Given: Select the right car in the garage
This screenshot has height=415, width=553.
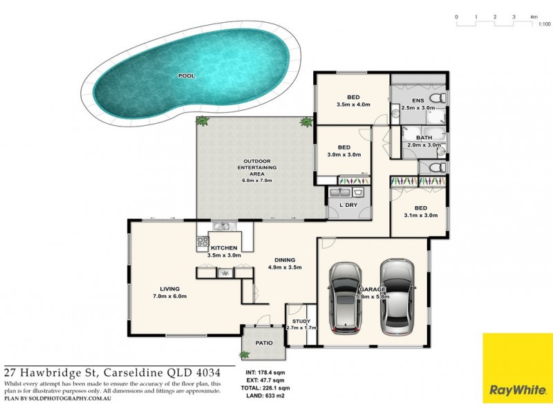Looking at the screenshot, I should (x=397, y=296).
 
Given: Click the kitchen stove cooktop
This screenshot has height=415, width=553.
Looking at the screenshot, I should (x=204, y=241).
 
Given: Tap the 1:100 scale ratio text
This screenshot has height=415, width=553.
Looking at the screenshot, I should (x=544, y=24).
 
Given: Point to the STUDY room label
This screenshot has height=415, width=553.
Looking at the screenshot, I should (x=300, y=320).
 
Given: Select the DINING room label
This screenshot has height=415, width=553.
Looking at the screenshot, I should (x=285, y=259).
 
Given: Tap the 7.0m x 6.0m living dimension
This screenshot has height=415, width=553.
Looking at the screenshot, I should (x=170, y=296).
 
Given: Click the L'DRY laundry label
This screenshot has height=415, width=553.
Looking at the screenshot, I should (x=348, y=205).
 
